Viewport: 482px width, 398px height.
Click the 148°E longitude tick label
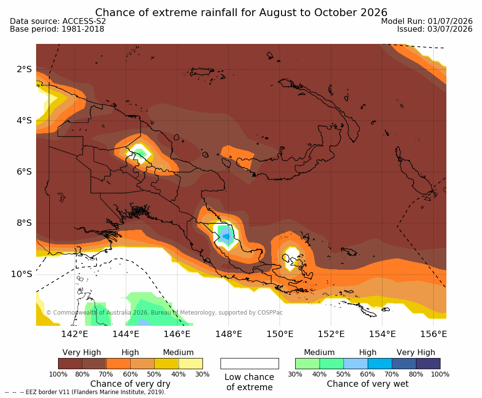[228, 334]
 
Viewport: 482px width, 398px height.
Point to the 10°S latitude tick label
[21, 274]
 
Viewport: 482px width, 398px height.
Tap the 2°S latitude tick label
[24, 69]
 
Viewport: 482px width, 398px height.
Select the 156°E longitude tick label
[433, 334]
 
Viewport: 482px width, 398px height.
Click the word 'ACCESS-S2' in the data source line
[84, 21]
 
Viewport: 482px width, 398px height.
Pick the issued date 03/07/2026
[450, 29]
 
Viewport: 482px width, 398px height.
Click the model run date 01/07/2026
[450, 21]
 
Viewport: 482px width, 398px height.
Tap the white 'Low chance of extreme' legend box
[250, 363]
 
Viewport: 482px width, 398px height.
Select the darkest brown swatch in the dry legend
[70, 363]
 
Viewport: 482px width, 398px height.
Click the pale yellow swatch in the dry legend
[191, 363]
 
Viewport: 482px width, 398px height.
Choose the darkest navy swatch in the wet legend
[428, 363]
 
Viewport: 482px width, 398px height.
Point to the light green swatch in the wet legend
[307, 363]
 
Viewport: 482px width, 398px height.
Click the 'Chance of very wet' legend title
[368, 384]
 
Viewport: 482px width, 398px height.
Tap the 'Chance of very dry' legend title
[130, 384]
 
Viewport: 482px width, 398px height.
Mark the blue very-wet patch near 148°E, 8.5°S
[226, 234]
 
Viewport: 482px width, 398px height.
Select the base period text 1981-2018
[83, 29]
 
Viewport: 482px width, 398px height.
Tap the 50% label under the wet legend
[343, 374]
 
